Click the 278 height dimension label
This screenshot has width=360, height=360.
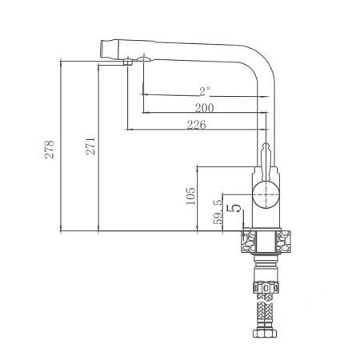pos(49,150)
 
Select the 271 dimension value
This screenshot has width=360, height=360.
pos(90,146)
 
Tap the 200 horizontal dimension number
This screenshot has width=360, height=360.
pos(204,108)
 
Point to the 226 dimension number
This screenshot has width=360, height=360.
pos(197,125)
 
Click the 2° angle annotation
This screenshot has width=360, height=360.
pos(205,91)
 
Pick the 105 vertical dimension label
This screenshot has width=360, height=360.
pos(190,196)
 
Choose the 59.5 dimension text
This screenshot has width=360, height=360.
pos(218,212)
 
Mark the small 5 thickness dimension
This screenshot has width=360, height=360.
pos(234,208)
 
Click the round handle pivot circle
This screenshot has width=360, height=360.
pos(266,194)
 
